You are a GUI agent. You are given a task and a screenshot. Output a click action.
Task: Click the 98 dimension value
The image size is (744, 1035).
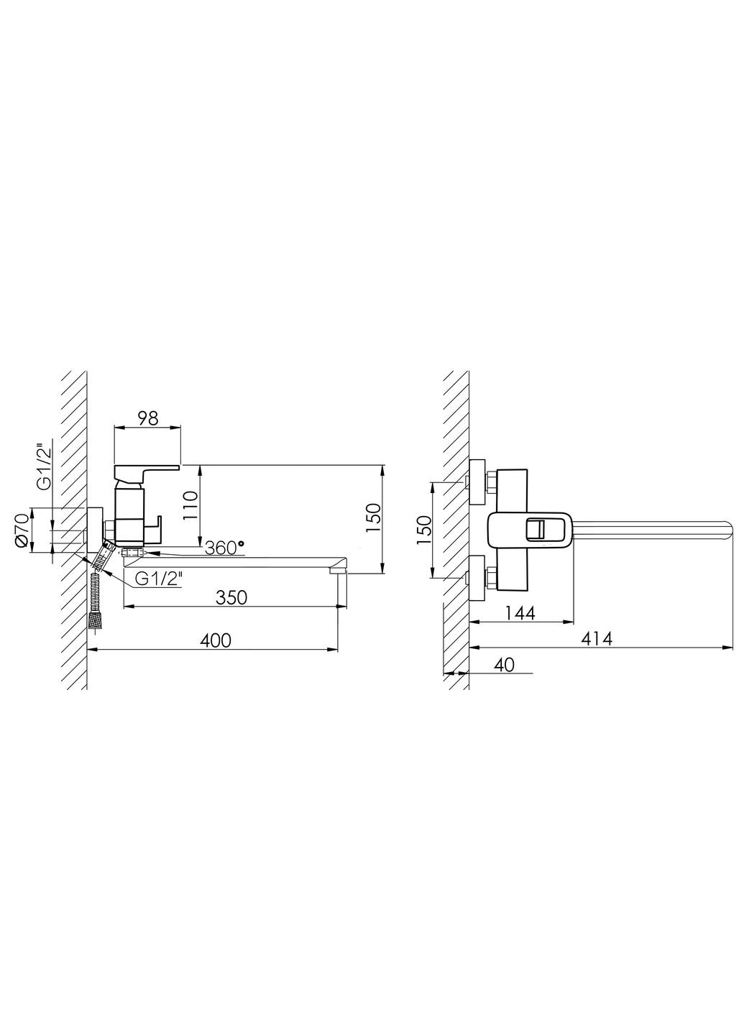(x=147, y=418)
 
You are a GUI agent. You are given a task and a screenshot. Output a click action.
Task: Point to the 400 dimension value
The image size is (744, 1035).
(x=216, y=640)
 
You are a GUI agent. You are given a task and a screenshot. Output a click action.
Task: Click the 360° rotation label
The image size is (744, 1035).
(x=224, y=548)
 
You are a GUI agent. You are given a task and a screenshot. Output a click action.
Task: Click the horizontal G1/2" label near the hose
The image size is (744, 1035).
(x=157, y=577)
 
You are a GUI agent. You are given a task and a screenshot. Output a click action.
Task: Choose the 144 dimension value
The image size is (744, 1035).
(x=520, y=613)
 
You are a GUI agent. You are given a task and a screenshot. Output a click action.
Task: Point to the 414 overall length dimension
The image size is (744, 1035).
(x=596, y=638)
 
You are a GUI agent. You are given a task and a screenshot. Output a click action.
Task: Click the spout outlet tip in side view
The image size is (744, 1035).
(x=338, y=571)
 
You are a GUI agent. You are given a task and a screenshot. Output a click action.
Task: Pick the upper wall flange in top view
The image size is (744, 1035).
(x=475, y=481)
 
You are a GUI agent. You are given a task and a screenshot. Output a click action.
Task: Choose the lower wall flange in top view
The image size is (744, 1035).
(x=475, y=577)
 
